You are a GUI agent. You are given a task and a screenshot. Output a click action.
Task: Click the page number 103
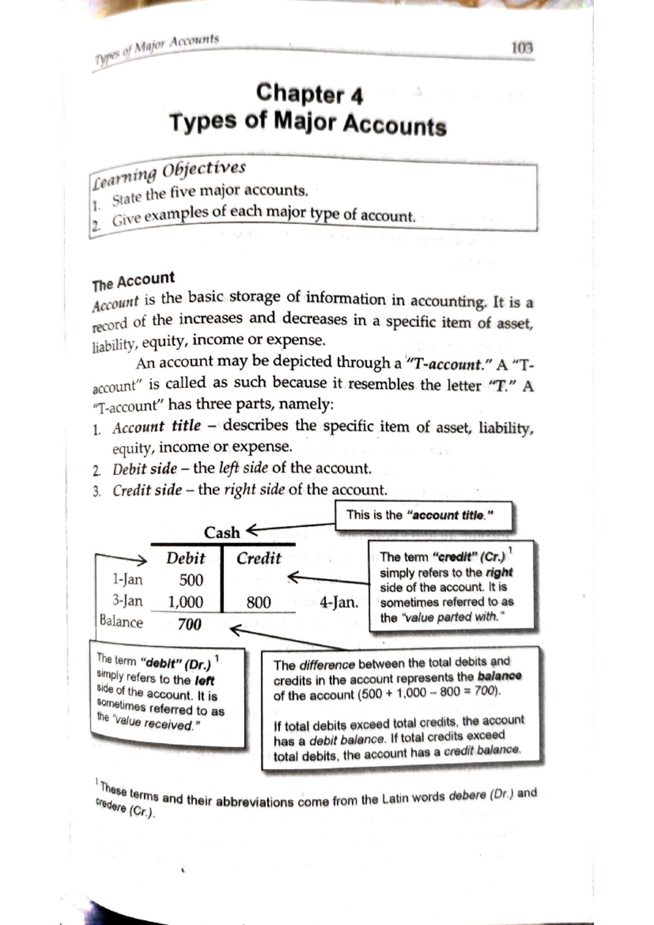click(522, 49)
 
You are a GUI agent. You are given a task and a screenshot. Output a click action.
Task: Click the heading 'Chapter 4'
click(309, 94)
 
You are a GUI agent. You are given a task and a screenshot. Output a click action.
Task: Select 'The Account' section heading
click(134, 281)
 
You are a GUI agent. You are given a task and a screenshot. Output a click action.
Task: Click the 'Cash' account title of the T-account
click(221, 532)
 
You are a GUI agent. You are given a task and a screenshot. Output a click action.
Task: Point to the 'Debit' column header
click(185, 558)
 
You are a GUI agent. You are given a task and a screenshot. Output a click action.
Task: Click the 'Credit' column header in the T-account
click(258, 558)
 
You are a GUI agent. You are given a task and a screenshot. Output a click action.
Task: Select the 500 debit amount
click(191, 580)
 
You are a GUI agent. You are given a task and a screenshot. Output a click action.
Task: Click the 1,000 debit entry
click(185, 602)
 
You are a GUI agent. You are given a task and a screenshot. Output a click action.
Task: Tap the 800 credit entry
click(258, 602)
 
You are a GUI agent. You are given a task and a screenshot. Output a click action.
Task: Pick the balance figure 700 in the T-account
click(189, 624)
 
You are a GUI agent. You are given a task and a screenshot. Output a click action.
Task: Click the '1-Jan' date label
click(127, 579)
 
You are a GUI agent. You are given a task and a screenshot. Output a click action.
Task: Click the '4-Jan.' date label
click(338, 602)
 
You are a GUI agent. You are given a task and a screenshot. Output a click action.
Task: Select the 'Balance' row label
click(121, 622)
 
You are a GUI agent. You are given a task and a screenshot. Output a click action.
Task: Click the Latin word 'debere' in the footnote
click(467, 796)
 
